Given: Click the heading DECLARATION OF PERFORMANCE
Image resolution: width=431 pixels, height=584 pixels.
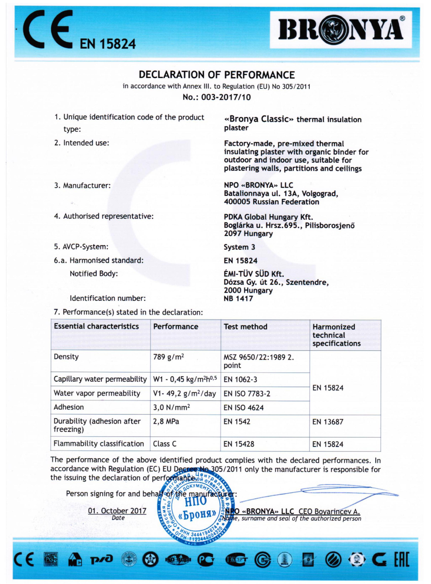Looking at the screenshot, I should coord(216,75).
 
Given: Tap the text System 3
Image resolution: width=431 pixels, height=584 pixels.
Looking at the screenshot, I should coord(239,247).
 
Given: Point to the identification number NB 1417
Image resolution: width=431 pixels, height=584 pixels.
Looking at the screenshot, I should coord(238,298).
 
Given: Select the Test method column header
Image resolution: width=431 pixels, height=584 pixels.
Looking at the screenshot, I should coord(245,327).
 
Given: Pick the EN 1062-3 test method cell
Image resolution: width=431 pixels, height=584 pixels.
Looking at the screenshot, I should coord(240,379).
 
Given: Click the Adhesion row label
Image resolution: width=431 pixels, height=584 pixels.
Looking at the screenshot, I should coord(69,407).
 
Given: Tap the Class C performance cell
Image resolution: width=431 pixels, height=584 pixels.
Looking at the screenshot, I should coord(165,444).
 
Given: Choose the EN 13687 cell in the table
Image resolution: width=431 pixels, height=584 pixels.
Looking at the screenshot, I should coord(328,422).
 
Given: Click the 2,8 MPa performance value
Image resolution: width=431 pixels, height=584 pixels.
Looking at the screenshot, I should coord(166,422).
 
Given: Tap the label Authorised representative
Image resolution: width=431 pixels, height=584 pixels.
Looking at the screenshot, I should coord(104,216).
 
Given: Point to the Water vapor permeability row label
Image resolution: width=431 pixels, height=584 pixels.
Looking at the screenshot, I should coord(97,393).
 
